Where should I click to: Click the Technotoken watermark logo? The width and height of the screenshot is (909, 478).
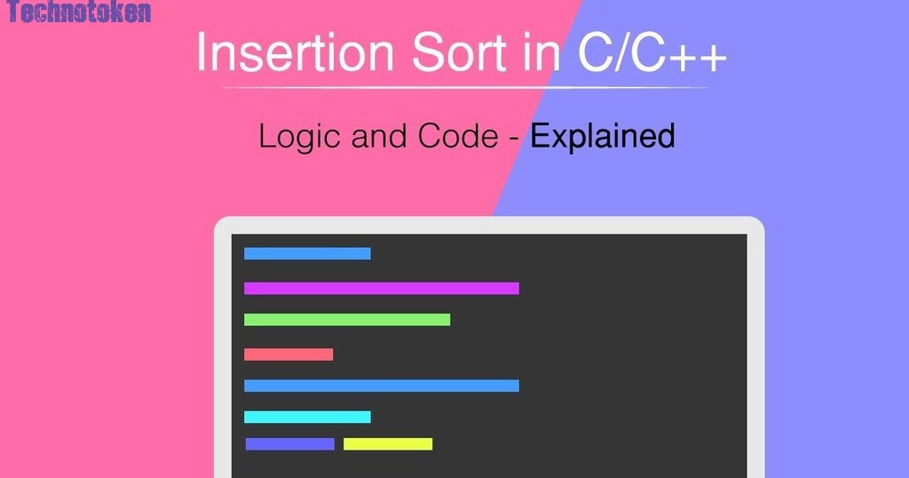click(x=79, y=12)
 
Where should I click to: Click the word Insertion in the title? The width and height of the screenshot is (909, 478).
click(x=296, y=52)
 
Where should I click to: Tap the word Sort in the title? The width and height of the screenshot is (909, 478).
click(x=459, y=52)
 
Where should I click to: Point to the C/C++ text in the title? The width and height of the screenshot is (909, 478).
click(x=652, y=52)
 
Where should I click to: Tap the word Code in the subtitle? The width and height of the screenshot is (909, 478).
click(x=458, y=136)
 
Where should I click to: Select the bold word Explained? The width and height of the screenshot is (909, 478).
click(x=603, y=137)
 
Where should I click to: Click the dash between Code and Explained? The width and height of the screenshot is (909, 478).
click(x=513, y=139)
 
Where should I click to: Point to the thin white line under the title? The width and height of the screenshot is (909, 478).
click(x=464, y=88)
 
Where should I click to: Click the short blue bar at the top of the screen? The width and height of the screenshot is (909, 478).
click(x=307, y=253)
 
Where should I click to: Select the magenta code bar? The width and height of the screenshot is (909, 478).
click(x=382, y=288)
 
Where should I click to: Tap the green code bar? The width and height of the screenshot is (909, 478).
click(x=347, y=320)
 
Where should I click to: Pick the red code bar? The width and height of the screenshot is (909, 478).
click(x=289, y=355)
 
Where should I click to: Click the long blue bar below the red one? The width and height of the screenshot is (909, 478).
click(x=382, y=386)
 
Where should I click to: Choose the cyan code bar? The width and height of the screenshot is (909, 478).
click(x=307, y=417)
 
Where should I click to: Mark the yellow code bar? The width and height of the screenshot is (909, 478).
click(x=388, y=443)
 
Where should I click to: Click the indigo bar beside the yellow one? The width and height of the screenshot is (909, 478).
click(x=290, y=443)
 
